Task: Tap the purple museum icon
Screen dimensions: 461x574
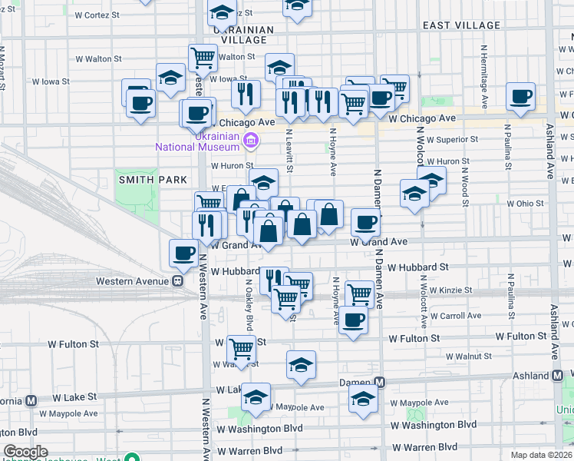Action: tap(250, 141)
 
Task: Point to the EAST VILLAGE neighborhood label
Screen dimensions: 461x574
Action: tap(462, 25)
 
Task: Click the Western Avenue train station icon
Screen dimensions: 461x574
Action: tap(176, 280)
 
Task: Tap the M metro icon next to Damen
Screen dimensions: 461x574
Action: tap(379, 382)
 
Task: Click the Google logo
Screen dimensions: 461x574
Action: tap(25, 452)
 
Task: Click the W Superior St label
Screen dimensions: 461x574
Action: tap(453, 140)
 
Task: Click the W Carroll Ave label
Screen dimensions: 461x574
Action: tap(455, 315)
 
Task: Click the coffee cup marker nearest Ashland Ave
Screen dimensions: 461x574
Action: tap(521, 98)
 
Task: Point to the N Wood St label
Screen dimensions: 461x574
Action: tap(465, 183)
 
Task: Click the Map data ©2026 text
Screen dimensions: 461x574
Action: tap(540, 454)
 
